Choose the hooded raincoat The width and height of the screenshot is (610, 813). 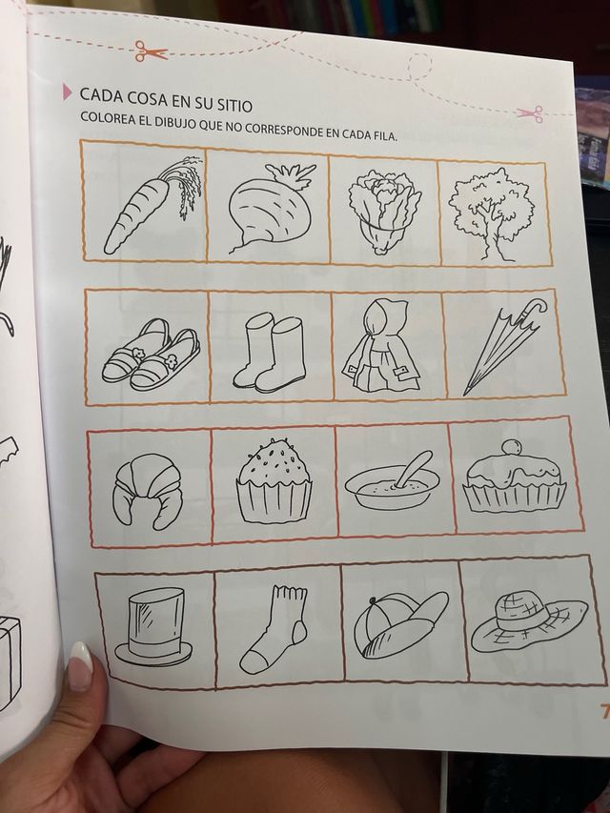(x=385, y=346)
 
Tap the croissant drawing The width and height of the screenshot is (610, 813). (x=148, y=488)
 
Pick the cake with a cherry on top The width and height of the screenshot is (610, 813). (x=514, y=480)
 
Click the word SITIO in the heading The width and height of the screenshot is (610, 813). (x=228, y=96)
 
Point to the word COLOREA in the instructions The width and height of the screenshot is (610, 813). (x=110, y=122)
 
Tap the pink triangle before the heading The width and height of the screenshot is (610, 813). (x=67, y=92)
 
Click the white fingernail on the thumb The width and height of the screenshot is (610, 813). (x=80, y=666)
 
